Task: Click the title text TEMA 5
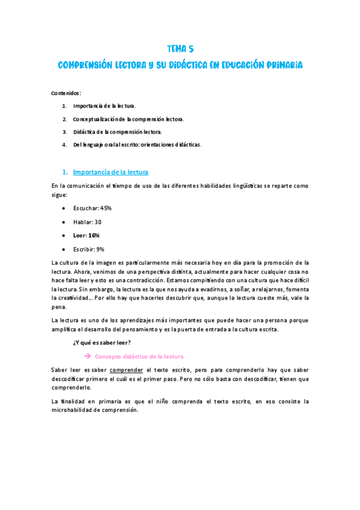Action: pyautogui.click(x=180, y=49)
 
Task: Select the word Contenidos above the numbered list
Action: pyautogui.click(x=66, y=93)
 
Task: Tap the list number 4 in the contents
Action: pyautogui.click(x=64, y=144)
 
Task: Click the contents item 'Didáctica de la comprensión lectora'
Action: pyautogui.click(x=117, y=131)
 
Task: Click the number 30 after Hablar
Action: pyautogui.click(x=98, y=221)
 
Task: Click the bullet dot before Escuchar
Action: pyautogui.click(x=64, y=207)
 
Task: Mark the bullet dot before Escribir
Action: pyautogui.click(x=64, y=249)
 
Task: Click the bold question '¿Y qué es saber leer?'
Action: pyautogui.click(x=97, y=343)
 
